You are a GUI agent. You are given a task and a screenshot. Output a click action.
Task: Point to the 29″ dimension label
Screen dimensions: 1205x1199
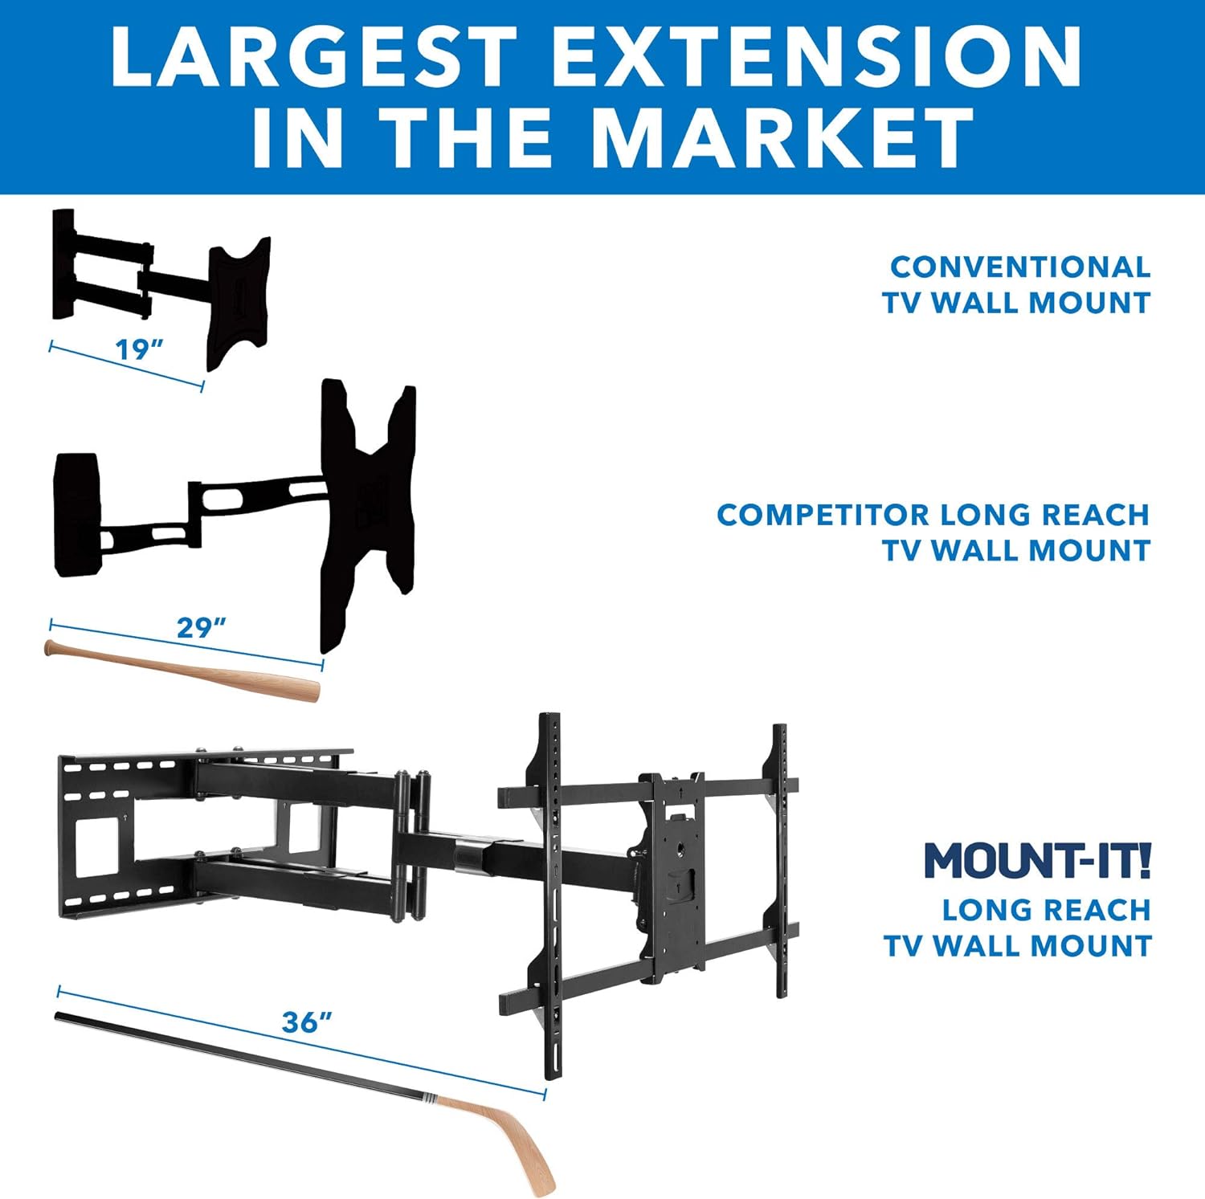click(x=201, y=627)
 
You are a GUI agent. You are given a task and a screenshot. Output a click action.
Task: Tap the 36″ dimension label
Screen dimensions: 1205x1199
click(x=307, y=1022)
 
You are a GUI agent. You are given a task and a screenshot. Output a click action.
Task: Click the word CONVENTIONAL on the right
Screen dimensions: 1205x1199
click(x=1020, y=267)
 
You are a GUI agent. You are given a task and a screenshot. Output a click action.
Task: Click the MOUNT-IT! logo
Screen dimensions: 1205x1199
click(x=1038, y=860)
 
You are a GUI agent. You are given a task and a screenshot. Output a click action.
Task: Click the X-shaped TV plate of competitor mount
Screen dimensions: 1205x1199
click(x=367, y=514)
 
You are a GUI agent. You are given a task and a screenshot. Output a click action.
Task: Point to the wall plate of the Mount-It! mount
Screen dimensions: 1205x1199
click(x=120, y=835)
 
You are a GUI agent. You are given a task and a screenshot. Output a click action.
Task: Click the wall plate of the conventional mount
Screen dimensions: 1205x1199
click(x=63, y=264)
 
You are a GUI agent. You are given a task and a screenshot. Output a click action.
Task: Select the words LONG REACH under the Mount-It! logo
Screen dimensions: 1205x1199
click(x=1046, y=910)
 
